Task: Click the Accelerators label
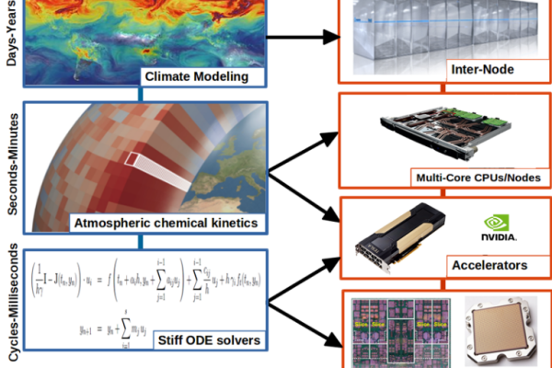pos(489,265)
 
